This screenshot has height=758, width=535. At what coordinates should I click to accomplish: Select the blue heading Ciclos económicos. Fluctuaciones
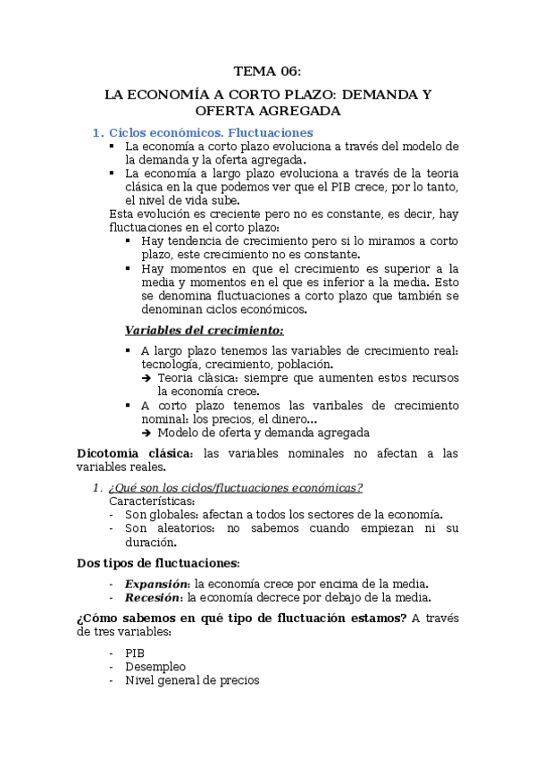[211, 132]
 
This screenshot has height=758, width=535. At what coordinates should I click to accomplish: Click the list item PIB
[135, 653]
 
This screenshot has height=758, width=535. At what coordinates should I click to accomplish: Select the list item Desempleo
[155, 666]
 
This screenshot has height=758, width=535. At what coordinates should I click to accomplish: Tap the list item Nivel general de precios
[192, 680]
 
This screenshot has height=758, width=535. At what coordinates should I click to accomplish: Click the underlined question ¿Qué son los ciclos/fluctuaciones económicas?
[235, 487]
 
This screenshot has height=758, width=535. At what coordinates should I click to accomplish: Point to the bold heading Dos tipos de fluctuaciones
[157, 563]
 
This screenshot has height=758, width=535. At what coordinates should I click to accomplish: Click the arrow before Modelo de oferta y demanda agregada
[146, 434]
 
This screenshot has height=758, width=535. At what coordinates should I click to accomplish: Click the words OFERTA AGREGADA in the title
[267, 111]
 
